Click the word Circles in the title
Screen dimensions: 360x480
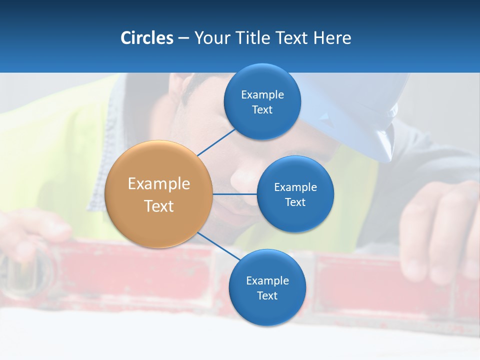[146, 38]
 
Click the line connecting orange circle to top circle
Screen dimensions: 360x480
[216, 142]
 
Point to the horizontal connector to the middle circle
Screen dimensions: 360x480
[234, 194]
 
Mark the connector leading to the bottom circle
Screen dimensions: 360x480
[219, 246]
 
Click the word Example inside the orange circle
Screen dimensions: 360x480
[158, 184]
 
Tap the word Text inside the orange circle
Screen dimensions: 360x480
[158, 206]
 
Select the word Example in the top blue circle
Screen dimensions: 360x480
[262, 94]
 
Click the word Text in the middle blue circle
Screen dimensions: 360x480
[295, 202]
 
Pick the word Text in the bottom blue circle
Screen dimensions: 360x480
[267, 295]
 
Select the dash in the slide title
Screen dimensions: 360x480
[183, 38]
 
